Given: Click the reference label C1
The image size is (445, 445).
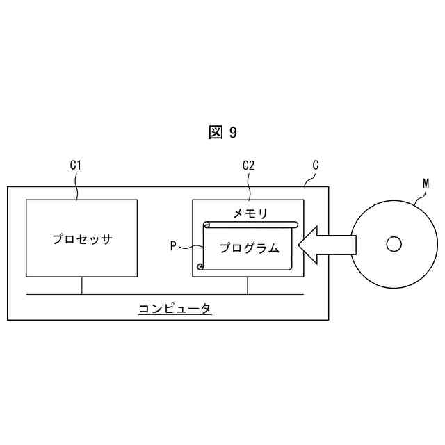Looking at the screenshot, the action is (x=76, y=166).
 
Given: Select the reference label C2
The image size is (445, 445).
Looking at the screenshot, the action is (x=248, y=166).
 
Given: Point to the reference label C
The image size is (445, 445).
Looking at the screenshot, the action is (x=316, y=165).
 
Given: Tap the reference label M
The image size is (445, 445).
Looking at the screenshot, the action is (x=426, y=184).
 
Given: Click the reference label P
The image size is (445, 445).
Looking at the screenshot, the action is (x=173, y=245).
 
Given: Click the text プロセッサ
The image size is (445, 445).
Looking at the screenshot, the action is (x=82, y=240).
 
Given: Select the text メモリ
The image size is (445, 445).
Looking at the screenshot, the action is (x=250, y=213).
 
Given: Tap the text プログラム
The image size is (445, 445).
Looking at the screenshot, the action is (x=249, y=248).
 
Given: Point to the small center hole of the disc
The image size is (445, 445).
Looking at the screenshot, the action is (x=394, y=244).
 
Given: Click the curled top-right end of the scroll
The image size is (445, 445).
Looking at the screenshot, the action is (x=294, y=225).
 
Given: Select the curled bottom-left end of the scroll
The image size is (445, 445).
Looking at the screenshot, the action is (x=201, y=266).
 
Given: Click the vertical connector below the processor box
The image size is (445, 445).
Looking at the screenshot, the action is (x=82, y=285).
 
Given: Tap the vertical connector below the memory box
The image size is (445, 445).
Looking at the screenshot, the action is (x=248, y=285).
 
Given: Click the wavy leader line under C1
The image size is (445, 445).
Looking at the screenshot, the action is (x=76, y=186).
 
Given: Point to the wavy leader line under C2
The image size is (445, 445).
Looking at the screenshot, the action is (x=249, y=186).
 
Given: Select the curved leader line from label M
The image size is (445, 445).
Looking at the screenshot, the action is (x=417, y=196).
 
